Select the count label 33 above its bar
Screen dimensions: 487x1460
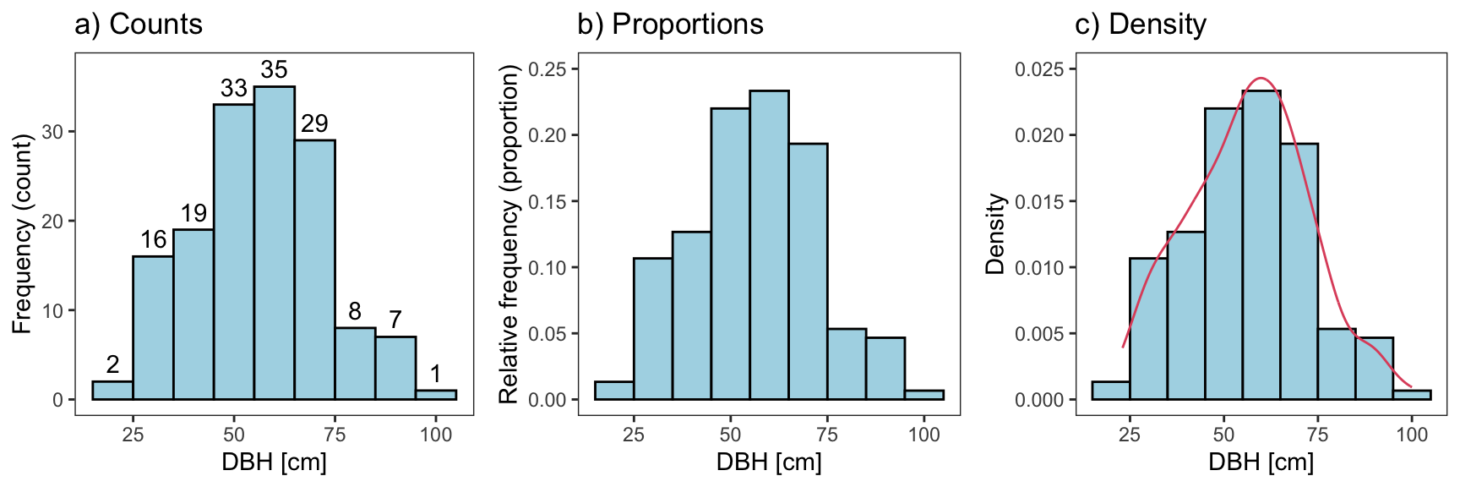(x=234, y=88)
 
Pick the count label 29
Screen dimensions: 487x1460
(x=314, y=123)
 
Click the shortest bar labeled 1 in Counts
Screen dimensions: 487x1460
(x=436, y=395)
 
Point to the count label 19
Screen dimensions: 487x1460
(x=193, y=213)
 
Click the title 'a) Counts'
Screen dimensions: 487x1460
(x=139, y=25)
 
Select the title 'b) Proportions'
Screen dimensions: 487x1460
(x=670, y=25)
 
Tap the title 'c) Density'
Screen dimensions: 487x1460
(x=1140, y=25)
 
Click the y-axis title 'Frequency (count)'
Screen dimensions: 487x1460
(x=22, y=233)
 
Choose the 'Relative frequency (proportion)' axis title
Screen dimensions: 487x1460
(x=508, y=237)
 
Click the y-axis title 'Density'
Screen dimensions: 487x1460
(x=996, y=233)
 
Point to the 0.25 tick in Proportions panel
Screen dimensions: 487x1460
(x=548, y=69)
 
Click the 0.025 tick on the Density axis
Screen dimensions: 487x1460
(x=1038, y=69)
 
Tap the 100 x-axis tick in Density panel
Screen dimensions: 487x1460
(x=1412, y=435)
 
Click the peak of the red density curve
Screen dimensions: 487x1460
(x=1261, y=79)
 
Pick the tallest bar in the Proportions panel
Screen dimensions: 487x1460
(x=769, y=245)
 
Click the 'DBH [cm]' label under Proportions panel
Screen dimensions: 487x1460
(x=769, y=462)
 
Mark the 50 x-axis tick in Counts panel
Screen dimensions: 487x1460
(x=234, y=435)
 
